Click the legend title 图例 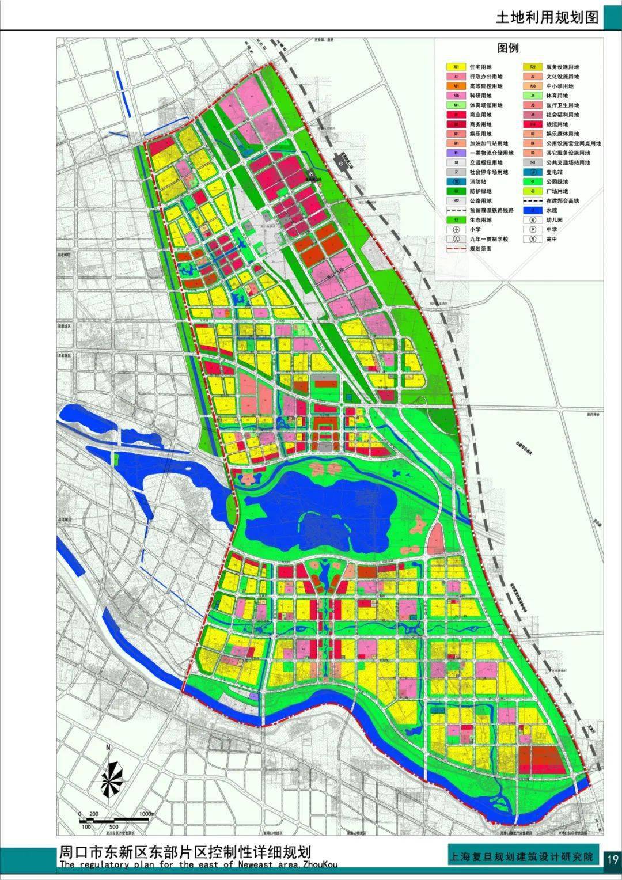508,48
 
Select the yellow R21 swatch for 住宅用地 456,67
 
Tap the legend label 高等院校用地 486,86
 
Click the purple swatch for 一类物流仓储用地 456,153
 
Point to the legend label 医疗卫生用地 563,105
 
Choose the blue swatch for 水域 533,210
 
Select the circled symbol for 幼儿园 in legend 533,220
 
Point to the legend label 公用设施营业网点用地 573,143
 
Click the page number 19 612,859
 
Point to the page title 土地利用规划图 547,17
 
